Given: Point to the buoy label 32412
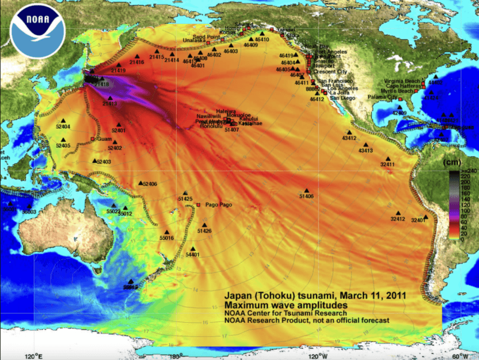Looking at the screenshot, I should click(x=398, y=219).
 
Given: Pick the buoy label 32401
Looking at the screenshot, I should click(x=419, y=220).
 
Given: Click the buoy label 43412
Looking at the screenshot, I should click(x=348, y=138).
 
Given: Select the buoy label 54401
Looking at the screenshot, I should click(x=193, y=255).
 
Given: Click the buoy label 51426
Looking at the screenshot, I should click(x=204, y=231).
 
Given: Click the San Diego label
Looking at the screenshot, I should click(x=342, y=98).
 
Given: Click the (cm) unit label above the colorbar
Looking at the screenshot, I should click(x=450, y=162).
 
